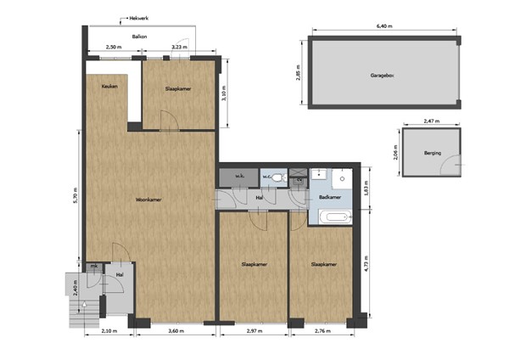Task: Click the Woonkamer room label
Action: [148, 200]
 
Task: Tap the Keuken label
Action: [109, 87]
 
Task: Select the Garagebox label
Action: [383, 75]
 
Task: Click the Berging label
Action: [432, 154]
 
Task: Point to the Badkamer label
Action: [330, 197]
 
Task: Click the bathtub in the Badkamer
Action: [333, 217]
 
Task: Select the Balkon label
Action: [141, 37]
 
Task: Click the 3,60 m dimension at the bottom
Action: [175, 330]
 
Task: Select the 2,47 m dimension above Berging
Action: [432, 121]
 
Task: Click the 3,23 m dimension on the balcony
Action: [179, 48]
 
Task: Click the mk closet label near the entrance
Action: [95, 267]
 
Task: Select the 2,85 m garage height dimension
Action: [299, 75]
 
